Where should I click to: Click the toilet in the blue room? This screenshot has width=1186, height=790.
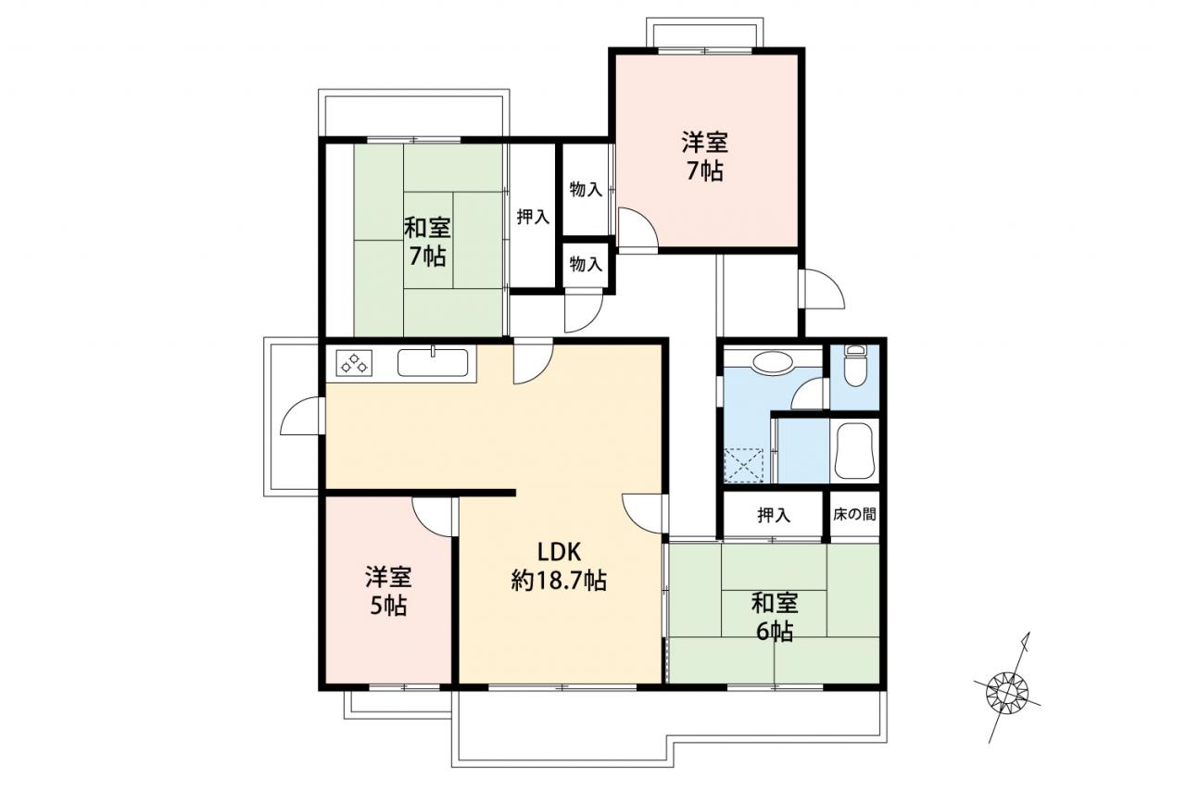pos(854,365)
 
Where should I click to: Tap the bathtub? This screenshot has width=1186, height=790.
pos(853,451)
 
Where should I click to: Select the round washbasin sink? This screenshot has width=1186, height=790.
pos(773,362)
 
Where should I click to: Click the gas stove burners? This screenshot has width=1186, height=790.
pos(354,364)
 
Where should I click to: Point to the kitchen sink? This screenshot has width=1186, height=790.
pos(433,362)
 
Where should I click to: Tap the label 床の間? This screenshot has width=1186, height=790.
pos(854,514)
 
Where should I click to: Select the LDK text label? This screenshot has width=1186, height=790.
pos(559,552)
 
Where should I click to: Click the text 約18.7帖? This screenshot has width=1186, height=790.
pos(559,582)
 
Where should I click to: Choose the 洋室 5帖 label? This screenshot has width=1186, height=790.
pos(388,592)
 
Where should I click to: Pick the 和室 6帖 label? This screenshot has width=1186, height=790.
pos(775,618)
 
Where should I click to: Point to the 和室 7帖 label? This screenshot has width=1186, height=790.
pos(427,243)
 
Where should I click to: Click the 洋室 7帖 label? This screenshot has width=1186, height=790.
pos(705,157)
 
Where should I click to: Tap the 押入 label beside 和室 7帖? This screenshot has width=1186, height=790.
pos(533,217)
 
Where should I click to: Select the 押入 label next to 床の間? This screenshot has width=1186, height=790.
pos(774,515)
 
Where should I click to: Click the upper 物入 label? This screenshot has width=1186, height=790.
pos(586,190)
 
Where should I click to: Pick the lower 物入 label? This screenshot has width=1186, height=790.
pos(586,264)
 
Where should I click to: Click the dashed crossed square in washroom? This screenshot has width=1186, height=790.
pos(743,465)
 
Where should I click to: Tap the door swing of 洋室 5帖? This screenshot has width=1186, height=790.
pos(432,518)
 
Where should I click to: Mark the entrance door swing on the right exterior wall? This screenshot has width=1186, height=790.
pos(823,289)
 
